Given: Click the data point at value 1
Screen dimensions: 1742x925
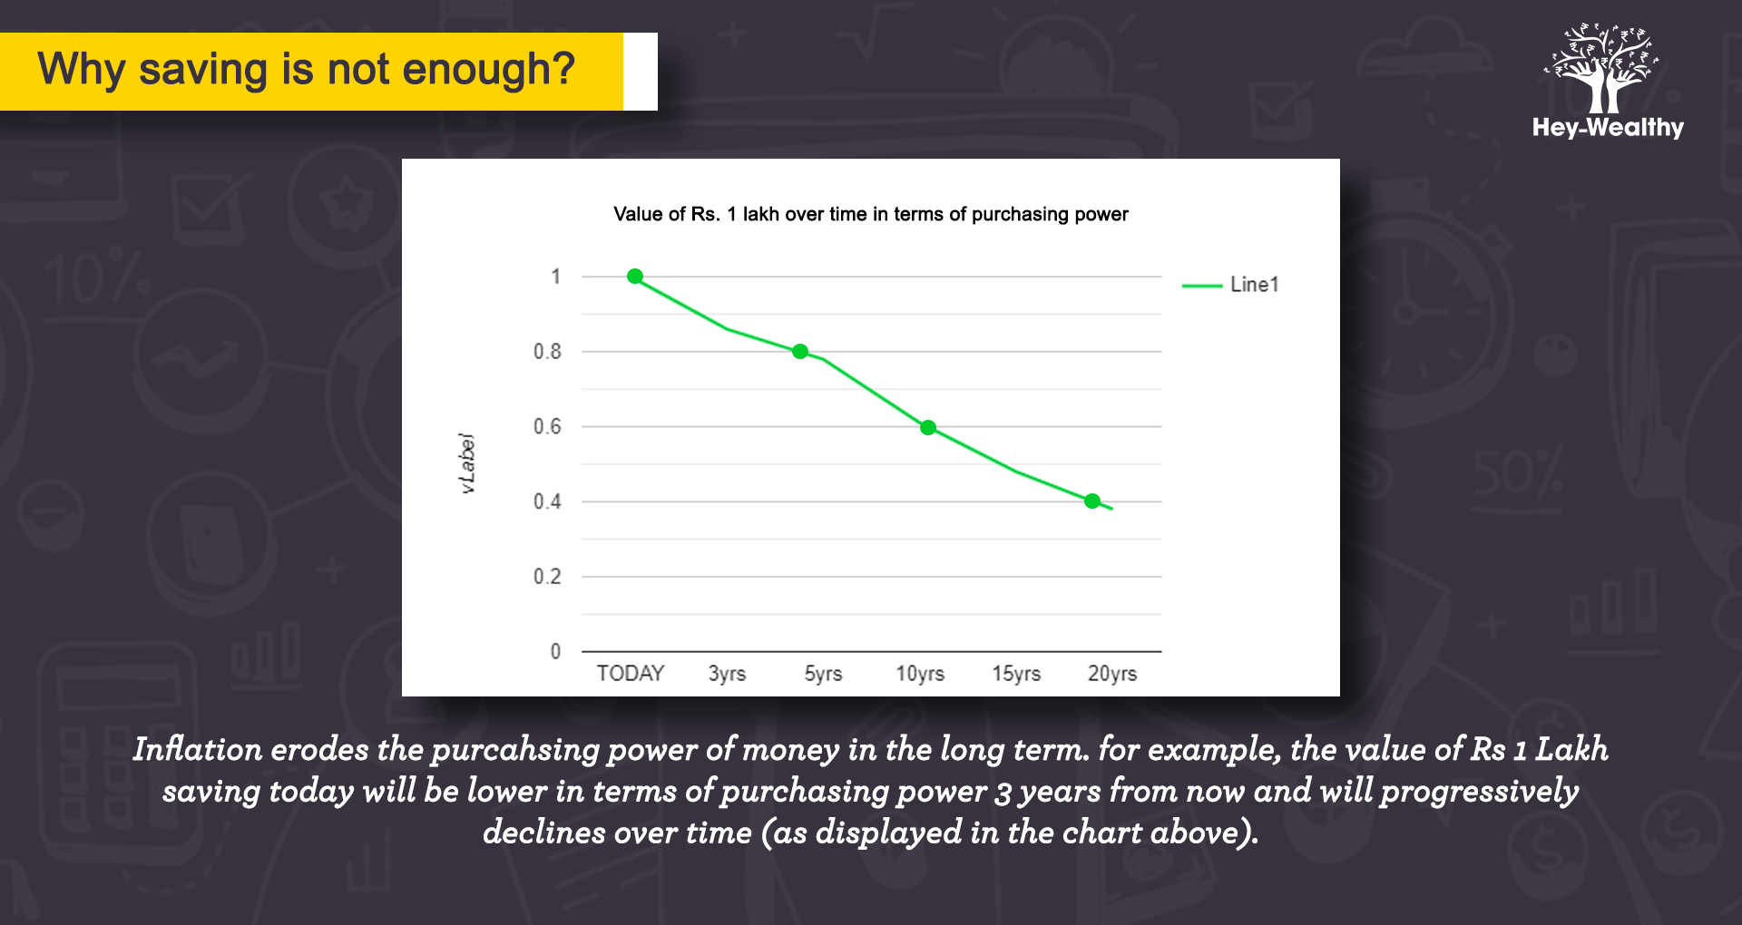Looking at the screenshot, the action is [x=635, y=277].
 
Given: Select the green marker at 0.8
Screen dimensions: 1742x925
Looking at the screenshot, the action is [x=800, y=352].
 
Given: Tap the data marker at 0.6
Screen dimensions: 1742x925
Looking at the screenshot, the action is [x=928, y=427].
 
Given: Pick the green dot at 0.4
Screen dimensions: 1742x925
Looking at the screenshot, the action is [x=1092, y=501].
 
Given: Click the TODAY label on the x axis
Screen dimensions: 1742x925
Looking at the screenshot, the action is [x=631, y=674].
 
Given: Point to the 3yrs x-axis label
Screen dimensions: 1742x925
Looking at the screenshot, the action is [x=727, y=674].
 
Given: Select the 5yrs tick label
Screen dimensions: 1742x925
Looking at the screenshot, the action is [x=823, y=674].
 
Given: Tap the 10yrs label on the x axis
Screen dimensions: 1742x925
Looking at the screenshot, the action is [x=920, y=674].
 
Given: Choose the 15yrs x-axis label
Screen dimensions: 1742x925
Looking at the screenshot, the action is [x=1016, y=674].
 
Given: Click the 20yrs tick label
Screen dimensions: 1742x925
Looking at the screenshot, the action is [x=1112, y=674].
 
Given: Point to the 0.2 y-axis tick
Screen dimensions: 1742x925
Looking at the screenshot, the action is [x=547, y=577].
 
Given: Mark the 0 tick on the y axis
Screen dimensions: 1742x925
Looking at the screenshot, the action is [x=555, y=651].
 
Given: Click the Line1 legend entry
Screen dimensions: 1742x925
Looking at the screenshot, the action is [x=1230, y=285].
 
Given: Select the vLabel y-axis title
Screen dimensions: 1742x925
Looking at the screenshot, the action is [x=467, y=463].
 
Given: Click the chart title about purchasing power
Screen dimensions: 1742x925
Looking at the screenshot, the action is [x=871, y=214].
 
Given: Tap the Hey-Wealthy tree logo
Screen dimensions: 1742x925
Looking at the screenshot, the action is [x=1602, y=68].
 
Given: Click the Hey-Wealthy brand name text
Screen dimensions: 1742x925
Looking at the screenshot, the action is [x=1608, y=128].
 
